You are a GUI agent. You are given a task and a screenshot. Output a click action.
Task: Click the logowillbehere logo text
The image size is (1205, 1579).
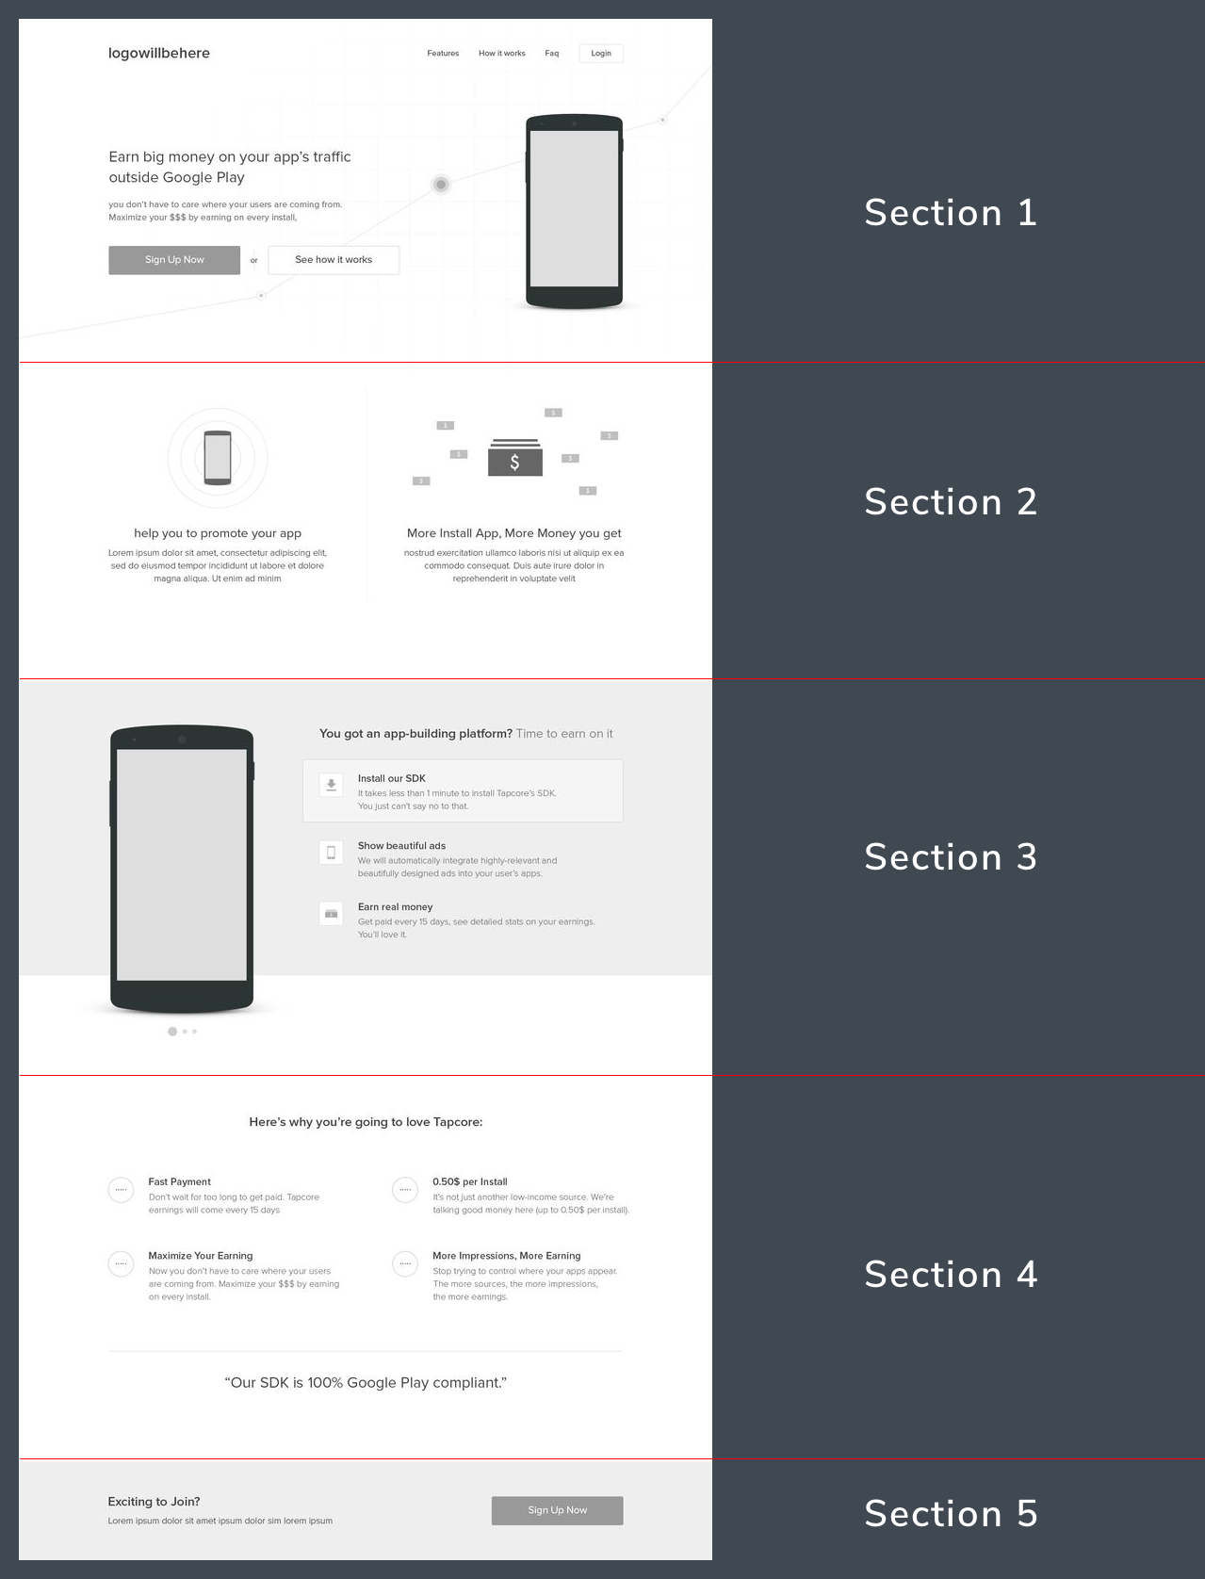(x=159, y=54)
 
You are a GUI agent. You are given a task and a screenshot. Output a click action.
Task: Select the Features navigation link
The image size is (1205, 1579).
(x=443, y=54)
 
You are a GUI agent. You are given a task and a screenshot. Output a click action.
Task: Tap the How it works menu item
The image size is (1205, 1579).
(x=501, y=54)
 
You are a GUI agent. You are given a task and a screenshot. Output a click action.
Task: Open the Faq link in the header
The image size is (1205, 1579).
(x=552, y=54)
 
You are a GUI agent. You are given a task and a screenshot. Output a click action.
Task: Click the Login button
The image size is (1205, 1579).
(x=601, y=54)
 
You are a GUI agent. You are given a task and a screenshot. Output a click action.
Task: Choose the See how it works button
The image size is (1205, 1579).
(x=334, y=260)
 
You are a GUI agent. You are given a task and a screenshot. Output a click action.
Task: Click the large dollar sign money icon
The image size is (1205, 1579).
(x=515, y=457)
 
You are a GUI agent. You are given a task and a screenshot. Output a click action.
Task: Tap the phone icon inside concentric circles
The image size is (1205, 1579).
(x=218, y=458)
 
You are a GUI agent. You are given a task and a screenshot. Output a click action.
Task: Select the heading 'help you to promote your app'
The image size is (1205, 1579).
(x=218, y=533)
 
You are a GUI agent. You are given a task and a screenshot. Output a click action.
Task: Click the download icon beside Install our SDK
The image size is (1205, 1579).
(x=331, y=785)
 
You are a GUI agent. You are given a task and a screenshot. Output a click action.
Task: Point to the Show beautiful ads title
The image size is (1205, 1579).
(x=401, y=846)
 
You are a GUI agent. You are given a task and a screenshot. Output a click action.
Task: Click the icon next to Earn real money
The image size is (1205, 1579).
(x=331, y=914)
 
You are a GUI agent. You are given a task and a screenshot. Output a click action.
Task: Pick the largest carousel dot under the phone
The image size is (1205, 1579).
(x=171, y=1032)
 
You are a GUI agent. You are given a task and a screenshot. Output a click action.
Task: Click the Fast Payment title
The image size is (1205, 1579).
(x=179, y=1182)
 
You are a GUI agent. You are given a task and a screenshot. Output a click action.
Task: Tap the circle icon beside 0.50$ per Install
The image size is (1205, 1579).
(x=405, y=1190)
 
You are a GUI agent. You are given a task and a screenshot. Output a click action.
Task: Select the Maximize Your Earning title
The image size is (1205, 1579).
(x=200, y=1256)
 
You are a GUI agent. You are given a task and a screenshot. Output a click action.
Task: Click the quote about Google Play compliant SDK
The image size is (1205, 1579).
(x=366, y=1383)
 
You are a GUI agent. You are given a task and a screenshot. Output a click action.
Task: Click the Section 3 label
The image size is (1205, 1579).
(x=951, y=856)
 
